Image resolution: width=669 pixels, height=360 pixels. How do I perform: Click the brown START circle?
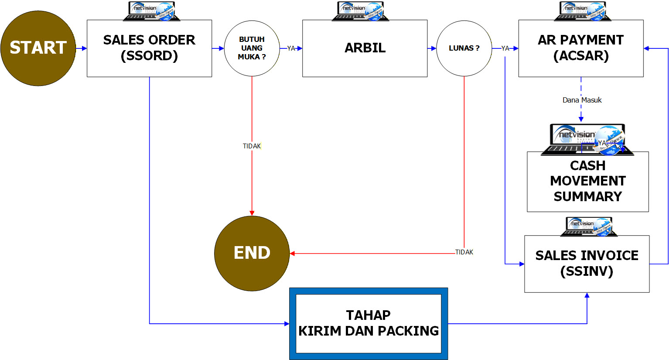click(x=38, y=48)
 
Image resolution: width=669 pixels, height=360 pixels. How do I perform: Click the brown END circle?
click(x=252, y=253)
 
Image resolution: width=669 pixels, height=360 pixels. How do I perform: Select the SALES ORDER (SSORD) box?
click(x=149, y=48)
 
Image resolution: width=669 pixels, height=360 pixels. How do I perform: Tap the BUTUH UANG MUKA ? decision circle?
click(x=252, y=48)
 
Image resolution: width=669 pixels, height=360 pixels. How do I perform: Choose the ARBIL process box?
click(x=365, y=48)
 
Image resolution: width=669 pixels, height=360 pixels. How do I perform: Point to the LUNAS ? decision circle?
click(x=464, y=48)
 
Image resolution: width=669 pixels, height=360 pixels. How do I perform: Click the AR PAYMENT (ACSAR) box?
click(x=580, y=48)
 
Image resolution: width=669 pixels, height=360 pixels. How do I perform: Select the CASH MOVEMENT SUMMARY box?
click(x=587, y=182)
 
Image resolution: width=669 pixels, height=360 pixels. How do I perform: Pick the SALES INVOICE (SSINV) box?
click(x=587, y=264)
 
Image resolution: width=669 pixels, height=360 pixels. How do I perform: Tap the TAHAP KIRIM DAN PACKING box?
click(x=369, y=323)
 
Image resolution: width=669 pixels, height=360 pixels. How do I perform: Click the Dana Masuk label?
click(x=582, y=100)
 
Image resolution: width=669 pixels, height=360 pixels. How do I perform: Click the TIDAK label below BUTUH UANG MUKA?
click(x=252, y=146)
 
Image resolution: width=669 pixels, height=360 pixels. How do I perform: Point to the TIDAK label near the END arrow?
click(x=464, y=252)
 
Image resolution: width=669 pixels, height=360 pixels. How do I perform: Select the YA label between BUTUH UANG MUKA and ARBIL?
click(x=291, y=48)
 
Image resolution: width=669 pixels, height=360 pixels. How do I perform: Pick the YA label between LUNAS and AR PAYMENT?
click(x=505, y=48)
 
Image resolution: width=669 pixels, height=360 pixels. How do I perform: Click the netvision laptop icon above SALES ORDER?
click(x=152, y=11)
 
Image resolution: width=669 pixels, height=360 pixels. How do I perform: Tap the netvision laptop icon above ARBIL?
click(x=360, y=11)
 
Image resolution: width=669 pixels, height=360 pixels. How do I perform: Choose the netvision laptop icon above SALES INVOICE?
click(x=589, y=227)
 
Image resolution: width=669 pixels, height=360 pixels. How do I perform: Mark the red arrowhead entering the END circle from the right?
click(x=292, y=253)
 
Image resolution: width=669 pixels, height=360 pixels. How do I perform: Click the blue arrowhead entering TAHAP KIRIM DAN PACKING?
click(x=287, y=324)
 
